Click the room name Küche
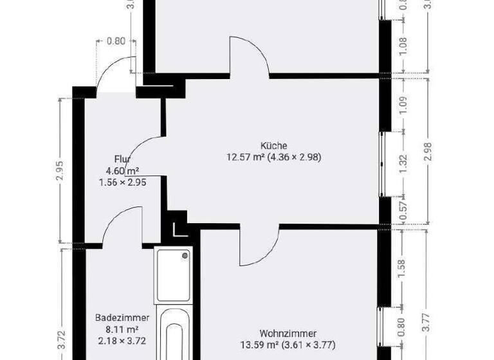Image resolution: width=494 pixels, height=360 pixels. coord(273,145)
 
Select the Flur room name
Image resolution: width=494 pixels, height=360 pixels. coord(123,159)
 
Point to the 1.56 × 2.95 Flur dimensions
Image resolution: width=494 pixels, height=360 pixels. coord(122,183)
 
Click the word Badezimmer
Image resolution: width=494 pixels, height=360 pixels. coord(122,318)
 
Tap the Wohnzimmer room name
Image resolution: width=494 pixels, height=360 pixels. coord(288,333)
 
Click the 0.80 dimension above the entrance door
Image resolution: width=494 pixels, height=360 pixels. coord(115,41)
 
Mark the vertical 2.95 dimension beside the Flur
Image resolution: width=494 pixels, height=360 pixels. coord(60,170)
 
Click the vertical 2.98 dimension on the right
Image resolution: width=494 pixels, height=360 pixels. coord(428,152)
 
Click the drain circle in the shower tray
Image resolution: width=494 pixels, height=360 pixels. coord(185,256)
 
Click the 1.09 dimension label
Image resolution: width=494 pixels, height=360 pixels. coord(403,105)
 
